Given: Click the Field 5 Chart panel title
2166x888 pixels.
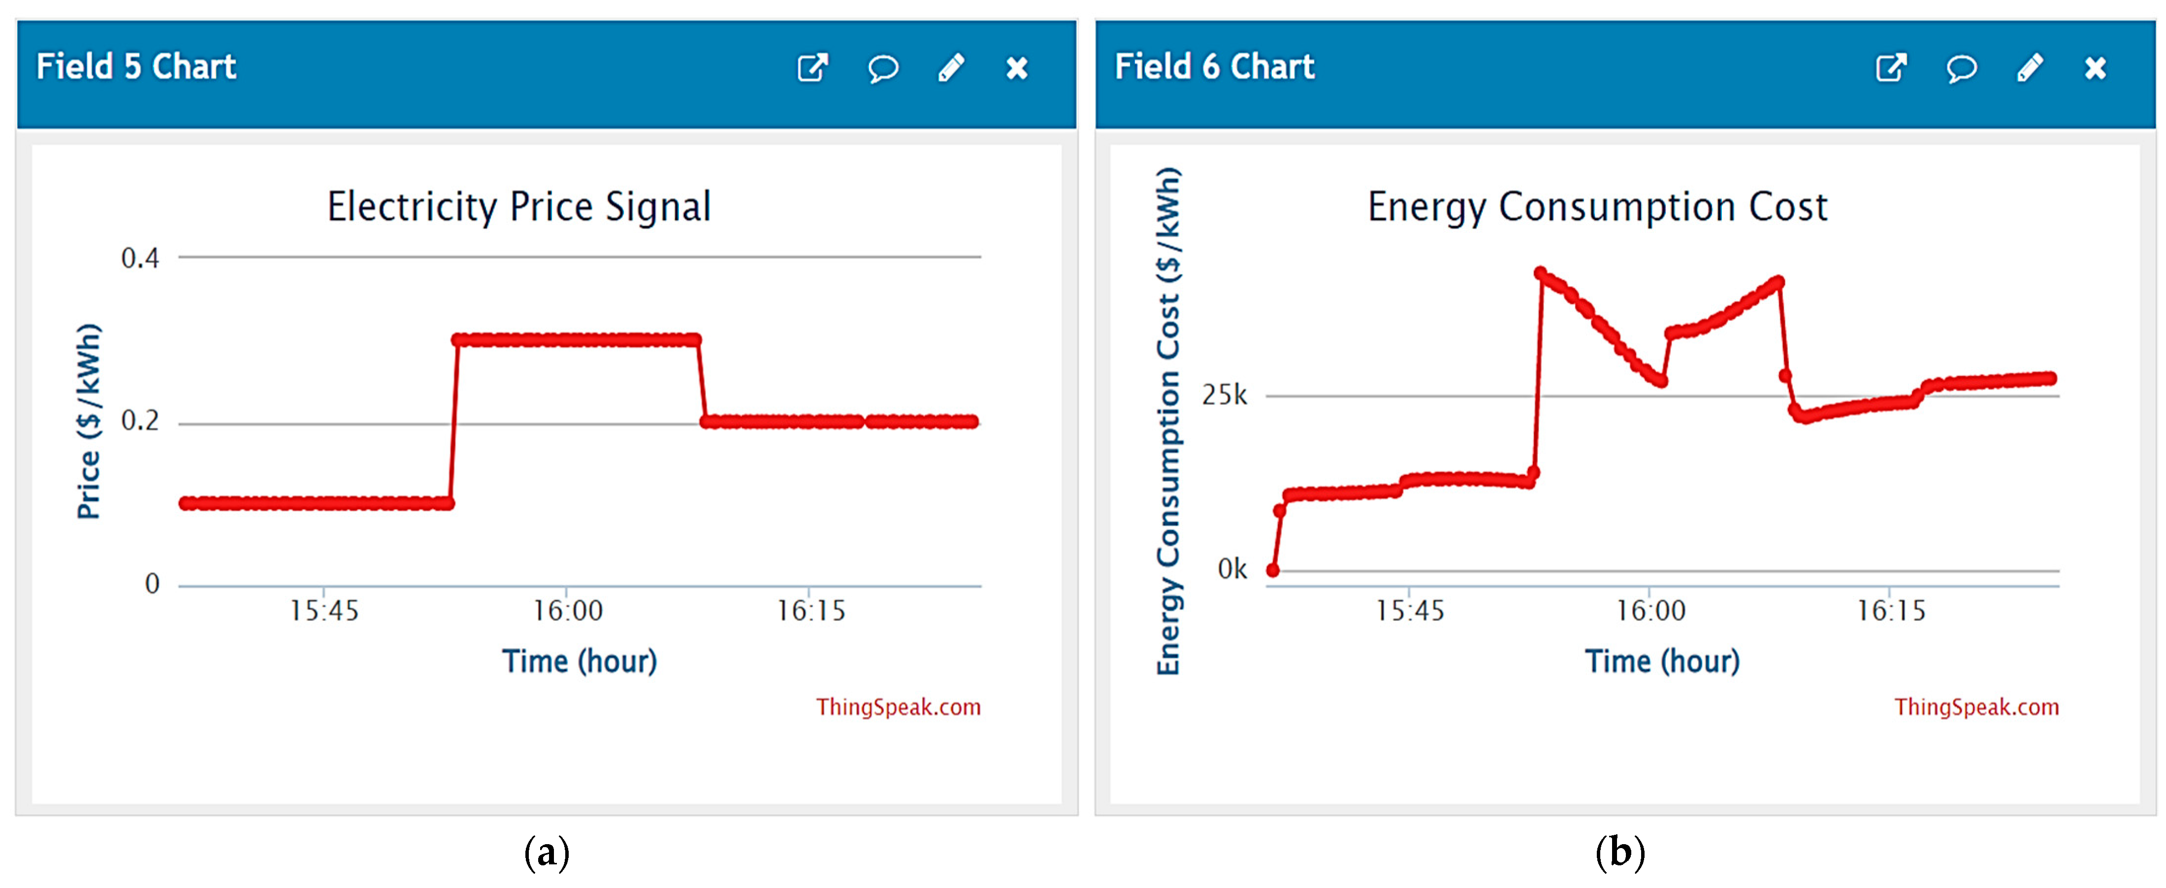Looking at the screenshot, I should (136, 66).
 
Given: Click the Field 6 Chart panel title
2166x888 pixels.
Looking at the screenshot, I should (1214, 66).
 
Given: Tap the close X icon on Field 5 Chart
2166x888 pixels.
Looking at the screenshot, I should (1017, 68).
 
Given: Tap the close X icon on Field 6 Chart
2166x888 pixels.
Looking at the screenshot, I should (2095, 68).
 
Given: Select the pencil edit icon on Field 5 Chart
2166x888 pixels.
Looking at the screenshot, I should (951, 68).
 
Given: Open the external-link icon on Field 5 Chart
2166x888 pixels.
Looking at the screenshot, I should (812, 68).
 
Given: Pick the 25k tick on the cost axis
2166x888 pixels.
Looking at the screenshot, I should (1224, 395).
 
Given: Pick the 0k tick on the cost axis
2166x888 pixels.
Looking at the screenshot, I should (1232, 569).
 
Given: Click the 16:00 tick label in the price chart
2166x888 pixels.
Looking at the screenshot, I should (568, 611).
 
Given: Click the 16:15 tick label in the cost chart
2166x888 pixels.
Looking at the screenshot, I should (1890, 611).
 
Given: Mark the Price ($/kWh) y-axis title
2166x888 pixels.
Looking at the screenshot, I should (88, 421).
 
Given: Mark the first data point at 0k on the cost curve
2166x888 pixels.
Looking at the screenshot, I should (1273, 570).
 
